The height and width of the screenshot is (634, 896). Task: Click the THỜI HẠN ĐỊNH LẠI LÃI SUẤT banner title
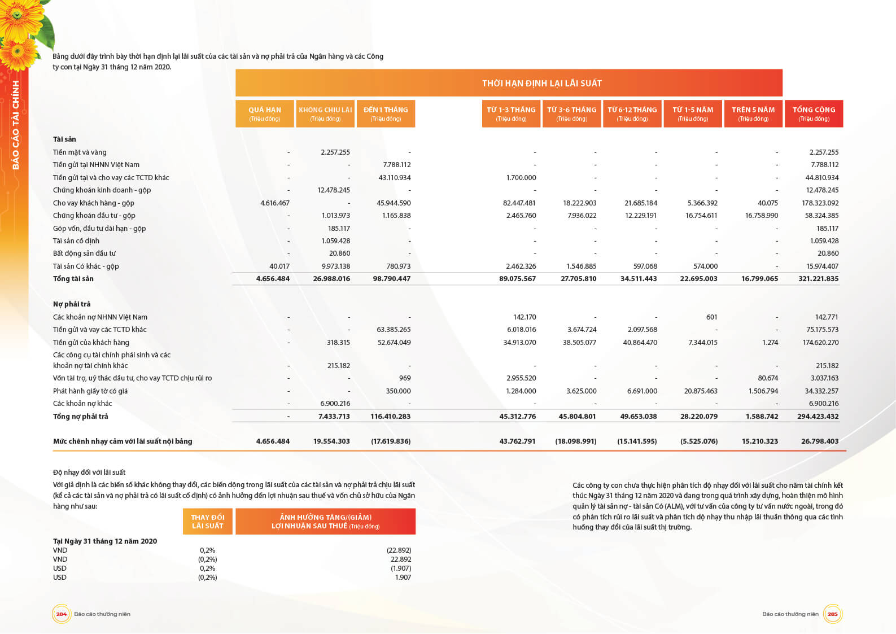[541, 84]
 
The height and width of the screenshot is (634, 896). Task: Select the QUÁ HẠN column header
[265, 113]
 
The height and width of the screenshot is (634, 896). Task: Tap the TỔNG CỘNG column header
[814, 113]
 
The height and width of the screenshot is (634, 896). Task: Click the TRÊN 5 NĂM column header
[753, 113]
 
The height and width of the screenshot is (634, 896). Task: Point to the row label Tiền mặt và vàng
[80, 152]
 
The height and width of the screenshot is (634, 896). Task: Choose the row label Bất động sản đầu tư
[84, 253]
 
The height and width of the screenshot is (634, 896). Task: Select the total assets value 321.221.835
[818, 279]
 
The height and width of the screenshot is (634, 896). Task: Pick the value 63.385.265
[394, 330]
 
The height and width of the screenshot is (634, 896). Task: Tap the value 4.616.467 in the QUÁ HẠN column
[275, 203]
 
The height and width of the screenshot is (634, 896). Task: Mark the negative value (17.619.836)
[391, 441]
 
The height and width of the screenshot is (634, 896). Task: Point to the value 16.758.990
[761, 216]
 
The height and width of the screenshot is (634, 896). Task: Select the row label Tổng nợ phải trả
[80, 417]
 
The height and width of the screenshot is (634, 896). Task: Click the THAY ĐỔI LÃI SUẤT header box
[207, 522]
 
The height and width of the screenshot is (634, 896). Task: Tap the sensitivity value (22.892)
[399, 550]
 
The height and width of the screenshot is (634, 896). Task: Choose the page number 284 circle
[61, 614]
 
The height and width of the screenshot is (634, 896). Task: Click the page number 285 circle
[832, 614]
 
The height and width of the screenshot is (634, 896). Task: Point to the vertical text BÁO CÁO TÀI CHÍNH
[16, 125]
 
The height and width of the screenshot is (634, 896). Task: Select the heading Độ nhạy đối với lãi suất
[89, 473]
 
